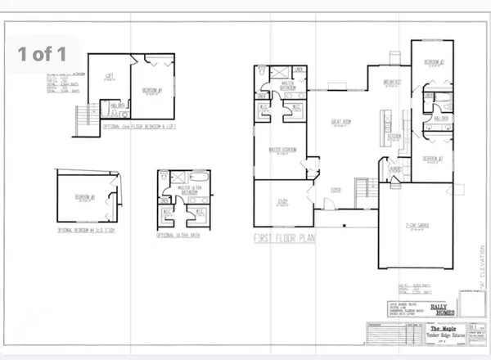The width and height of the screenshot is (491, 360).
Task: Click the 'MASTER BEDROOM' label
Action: (x=282, y=150)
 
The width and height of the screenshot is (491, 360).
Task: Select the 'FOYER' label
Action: (x=335, y=194)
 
